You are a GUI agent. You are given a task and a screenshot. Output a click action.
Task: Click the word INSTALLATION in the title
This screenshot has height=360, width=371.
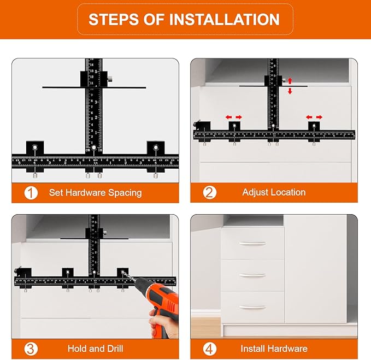(225, 20)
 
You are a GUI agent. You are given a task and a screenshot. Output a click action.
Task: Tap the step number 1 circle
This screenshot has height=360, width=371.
(31, 192)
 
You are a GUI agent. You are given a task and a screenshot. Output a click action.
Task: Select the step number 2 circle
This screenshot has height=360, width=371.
(210, 192)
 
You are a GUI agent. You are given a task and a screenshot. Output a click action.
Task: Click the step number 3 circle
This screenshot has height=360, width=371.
(31, 348)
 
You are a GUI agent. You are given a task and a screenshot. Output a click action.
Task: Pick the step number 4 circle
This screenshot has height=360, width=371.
(210, 348)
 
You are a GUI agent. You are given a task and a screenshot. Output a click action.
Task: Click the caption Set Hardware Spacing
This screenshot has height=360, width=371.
(95, 192)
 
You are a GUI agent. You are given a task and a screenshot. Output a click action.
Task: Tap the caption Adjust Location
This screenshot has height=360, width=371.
(274, 192)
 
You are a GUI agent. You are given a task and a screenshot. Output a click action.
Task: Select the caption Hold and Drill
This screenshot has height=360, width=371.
(95, 349)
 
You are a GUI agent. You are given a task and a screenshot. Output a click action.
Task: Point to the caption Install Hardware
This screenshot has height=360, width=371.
(274, 349)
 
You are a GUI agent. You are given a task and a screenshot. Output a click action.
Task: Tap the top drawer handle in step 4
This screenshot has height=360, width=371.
(252, 243)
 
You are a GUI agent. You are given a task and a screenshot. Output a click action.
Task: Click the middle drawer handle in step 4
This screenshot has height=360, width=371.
(252, 275)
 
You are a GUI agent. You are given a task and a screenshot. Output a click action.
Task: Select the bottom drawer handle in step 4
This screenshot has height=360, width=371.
(252, 307)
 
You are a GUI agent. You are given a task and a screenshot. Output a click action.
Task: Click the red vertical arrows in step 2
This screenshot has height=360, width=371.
(290, 86)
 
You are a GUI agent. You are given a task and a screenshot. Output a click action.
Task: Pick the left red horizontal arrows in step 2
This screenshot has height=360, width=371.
(234, 117)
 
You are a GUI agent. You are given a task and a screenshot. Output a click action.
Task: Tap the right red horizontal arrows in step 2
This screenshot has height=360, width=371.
(314, 117)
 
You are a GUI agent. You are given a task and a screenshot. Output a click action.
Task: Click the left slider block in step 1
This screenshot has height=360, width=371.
(35, 149)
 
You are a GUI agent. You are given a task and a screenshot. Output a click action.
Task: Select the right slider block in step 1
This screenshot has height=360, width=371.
(155, 149)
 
